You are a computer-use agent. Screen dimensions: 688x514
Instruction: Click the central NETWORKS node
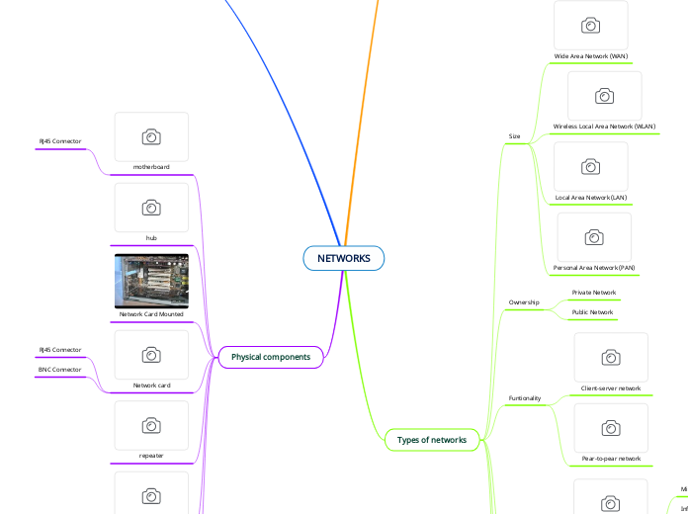click(344, 258)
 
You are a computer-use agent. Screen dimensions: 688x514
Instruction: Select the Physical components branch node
click(271, 356)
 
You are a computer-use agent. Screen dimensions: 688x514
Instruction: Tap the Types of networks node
click(431, 439)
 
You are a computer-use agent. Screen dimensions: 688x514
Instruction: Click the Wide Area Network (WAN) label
click(591, 56)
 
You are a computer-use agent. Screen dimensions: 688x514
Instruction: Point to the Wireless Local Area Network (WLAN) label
click(604, 128)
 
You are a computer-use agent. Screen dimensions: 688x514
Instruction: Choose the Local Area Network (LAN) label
click(591, 198)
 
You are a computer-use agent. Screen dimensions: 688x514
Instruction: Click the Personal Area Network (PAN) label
click(594, 269)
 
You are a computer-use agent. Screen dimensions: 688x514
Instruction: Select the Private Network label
click(594, 293)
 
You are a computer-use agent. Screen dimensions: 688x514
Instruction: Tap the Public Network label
click(593, 312)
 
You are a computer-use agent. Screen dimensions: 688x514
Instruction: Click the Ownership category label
click(524, 302)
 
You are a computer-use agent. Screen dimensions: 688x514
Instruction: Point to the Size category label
click(514, 135)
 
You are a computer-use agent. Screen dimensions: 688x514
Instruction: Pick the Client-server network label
click(611, 388)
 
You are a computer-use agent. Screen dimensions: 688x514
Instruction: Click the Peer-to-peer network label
click(611, 459)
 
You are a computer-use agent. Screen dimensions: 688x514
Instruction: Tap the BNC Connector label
click(60, 370)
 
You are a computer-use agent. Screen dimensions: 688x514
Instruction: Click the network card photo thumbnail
click(151, 280)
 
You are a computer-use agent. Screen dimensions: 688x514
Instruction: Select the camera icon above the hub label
click(151, 208)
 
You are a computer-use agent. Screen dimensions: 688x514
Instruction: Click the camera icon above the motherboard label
click(151, 136)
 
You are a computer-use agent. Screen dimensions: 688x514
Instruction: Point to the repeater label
click(151, 456)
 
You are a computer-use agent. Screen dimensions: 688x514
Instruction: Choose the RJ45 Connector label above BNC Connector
click(60, 350)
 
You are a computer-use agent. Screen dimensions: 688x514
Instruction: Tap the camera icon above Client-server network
click(611, 357)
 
